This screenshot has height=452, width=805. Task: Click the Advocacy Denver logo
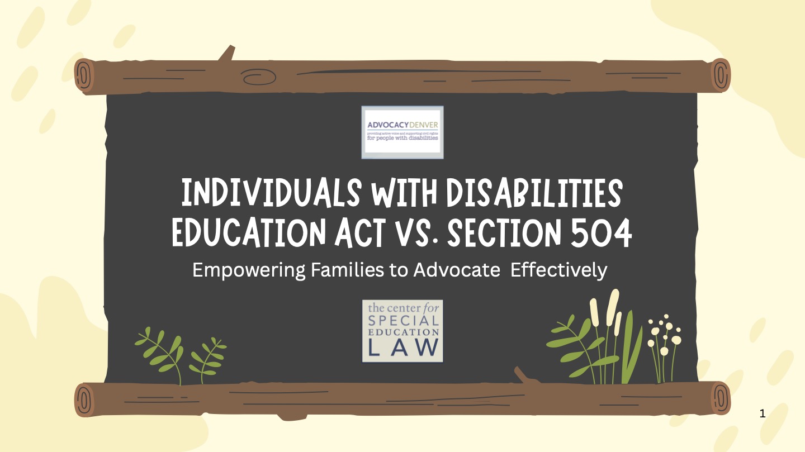tap(402, 132)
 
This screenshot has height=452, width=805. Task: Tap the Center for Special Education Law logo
tap(402, 331)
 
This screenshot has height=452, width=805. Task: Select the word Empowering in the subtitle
tap(249, 270)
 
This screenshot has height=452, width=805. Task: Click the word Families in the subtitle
tap(340, 270)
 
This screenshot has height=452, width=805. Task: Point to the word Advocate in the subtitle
tap(456, 270)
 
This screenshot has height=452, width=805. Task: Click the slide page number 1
tap(763, 414)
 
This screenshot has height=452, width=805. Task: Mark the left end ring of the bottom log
tap(84, 400)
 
